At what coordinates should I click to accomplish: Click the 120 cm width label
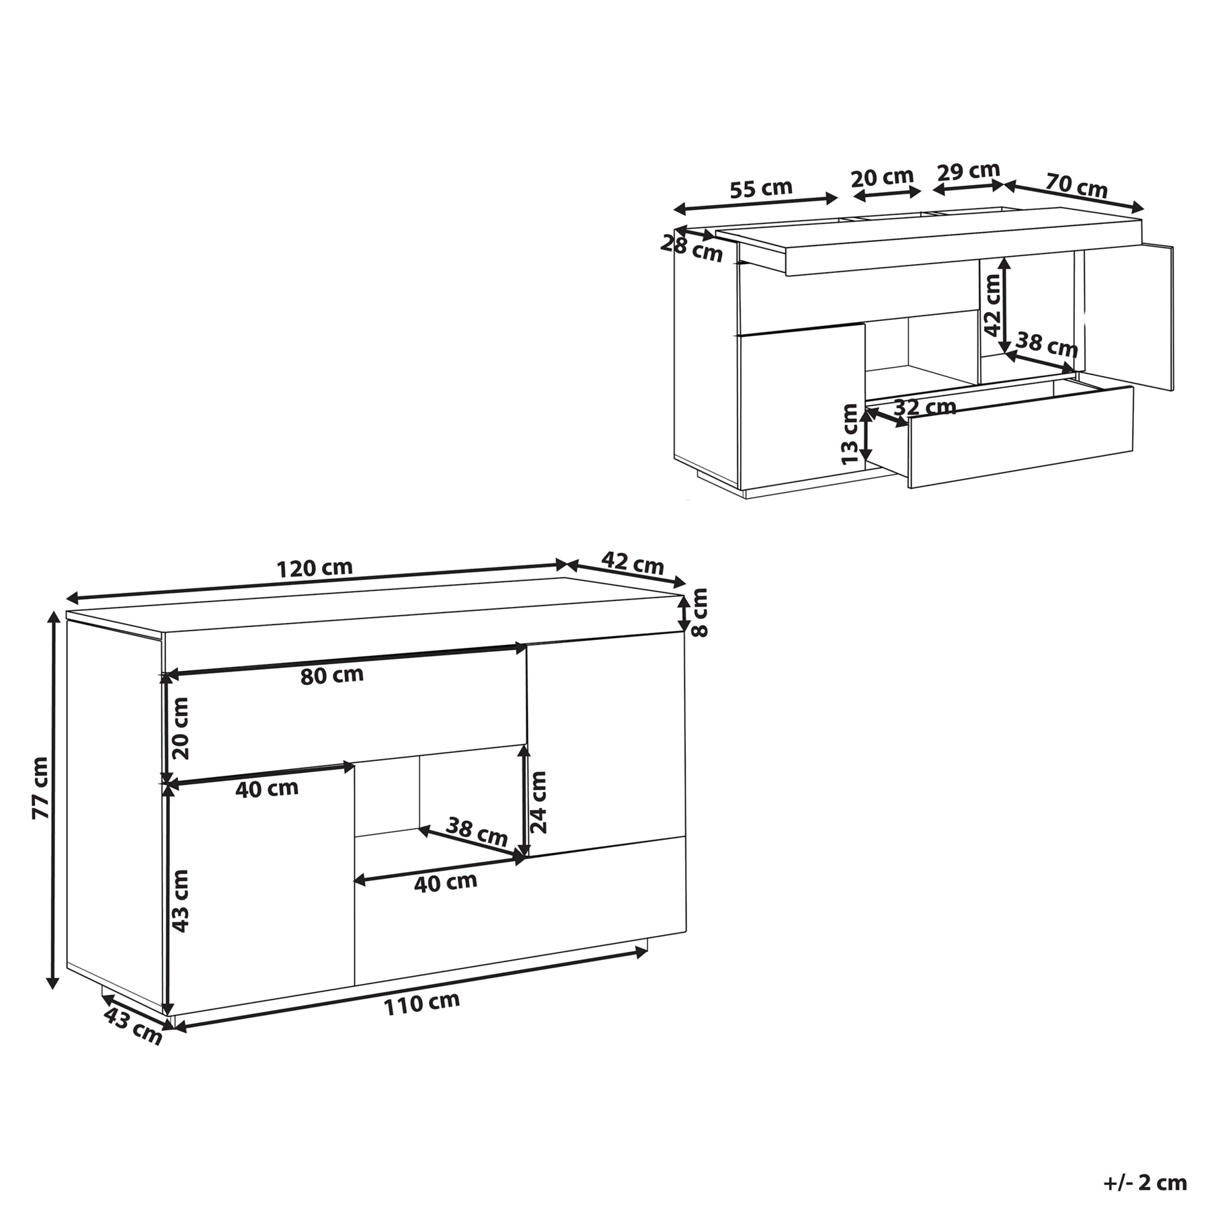click(x=315, y=568)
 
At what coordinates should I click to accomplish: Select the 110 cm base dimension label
click(x=422, y=1004)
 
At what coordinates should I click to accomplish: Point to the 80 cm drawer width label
click(x=332, y=675)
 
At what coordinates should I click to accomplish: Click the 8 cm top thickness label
click(x=700, y=612)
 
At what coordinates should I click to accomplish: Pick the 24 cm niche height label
click(x=538, y=801)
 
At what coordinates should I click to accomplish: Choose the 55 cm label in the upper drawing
click(x=761, y=189)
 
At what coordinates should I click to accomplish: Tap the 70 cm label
click(x=1076, y=186)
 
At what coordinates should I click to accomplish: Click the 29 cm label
click(x=969, y=171)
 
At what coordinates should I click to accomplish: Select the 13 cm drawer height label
click(x=850, y=434)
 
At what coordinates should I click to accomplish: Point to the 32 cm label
click(x=925, y=407)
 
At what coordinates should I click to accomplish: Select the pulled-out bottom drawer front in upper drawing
click(x=1020, y=436)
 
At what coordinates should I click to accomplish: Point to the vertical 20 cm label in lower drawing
click(x=180, y=728)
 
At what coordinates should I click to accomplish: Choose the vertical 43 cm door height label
click(x=180, y=900)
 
